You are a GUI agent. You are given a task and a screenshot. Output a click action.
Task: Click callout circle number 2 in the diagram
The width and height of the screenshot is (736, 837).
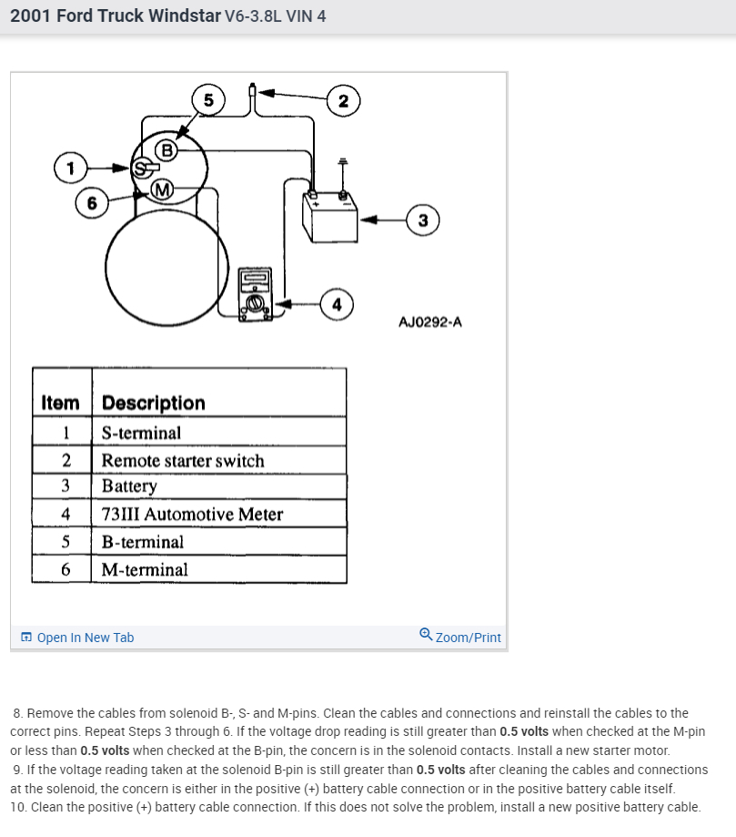tap(343, 100)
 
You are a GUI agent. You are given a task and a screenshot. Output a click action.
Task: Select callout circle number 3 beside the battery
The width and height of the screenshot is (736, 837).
tap(423, 219)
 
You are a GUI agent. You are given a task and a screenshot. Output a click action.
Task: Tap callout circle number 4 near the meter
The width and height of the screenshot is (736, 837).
tap(337, 305)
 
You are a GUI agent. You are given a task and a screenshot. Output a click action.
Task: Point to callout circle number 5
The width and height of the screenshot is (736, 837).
tap(208, 100)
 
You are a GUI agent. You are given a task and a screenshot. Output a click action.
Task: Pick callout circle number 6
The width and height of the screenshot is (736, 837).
tap(91, 203)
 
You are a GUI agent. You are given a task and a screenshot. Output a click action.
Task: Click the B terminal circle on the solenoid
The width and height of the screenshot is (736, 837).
tap(167, 149)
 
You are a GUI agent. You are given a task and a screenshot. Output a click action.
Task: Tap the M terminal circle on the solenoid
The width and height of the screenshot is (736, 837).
tap(161, 189)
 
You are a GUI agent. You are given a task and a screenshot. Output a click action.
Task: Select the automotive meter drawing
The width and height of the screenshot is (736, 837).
tap(255, 294)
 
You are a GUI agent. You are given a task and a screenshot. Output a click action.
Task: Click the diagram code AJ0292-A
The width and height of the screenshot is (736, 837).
tap(430, 322)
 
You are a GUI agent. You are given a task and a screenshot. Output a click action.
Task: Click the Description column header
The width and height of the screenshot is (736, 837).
tap(154, 403)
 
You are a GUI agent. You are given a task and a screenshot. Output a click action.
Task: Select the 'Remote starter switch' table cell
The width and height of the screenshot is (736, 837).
tap(183, 461)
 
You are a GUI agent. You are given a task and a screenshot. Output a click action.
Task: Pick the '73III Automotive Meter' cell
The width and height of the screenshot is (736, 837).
tap(192, 515)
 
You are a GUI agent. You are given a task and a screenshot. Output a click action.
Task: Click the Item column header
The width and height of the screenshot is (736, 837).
tap(61, 403)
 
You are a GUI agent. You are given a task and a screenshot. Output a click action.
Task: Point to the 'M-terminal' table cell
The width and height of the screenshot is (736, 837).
tap(145, 570)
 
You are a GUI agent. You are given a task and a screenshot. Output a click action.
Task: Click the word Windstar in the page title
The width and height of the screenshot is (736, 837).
tap(181, 15)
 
